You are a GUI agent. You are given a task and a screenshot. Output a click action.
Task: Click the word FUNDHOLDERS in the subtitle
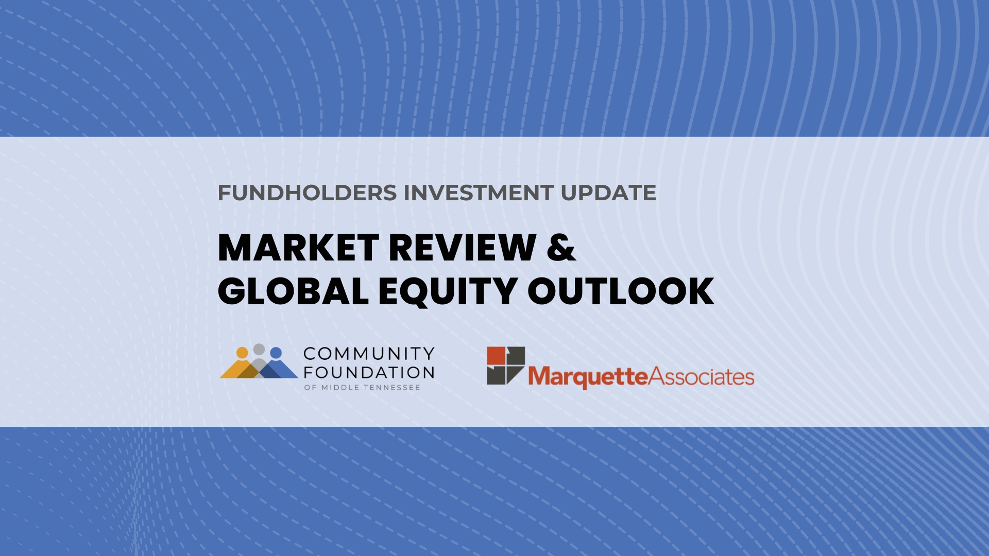click(308, 193)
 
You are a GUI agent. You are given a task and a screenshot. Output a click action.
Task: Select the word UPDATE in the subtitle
click(608, 193)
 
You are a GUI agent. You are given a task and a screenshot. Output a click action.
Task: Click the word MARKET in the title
click(299, 248)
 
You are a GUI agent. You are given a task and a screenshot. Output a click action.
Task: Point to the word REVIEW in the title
click(463, 248)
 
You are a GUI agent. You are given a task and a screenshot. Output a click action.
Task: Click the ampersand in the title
click(561, 248)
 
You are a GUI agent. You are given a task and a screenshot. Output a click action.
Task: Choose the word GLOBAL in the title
click(294, 291)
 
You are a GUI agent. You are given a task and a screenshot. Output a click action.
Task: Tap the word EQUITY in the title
click(448, 292)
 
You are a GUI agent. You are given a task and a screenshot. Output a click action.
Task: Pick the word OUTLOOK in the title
click(621, 291)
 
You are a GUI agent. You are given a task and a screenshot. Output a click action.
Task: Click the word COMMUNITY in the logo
click(369, 354)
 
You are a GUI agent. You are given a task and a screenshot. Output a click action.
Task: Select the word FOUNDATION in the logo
click(369, 372)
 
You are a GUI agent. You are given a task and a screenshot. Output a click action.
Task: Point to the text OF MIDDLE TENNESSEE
click(362, 388)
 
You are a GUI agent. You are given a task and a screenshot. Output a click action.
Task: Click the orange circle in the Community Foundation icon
click(242, 353)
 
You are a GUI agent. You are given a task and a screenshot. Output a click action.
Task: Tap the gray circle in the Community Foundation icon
click(259, 350)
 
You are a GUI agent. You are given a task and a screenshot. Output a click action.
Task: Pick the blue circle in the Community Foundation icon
click(276, 353)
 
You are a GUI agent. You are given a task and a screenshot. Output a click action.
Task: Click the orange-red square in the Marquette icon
click(496, 355)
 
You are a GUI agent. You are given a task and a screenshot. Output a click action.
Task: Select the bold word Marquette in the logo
click(588, 377)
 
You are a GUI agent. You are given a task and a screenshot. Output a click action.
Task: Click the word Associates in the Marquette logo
click(701, 376)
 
